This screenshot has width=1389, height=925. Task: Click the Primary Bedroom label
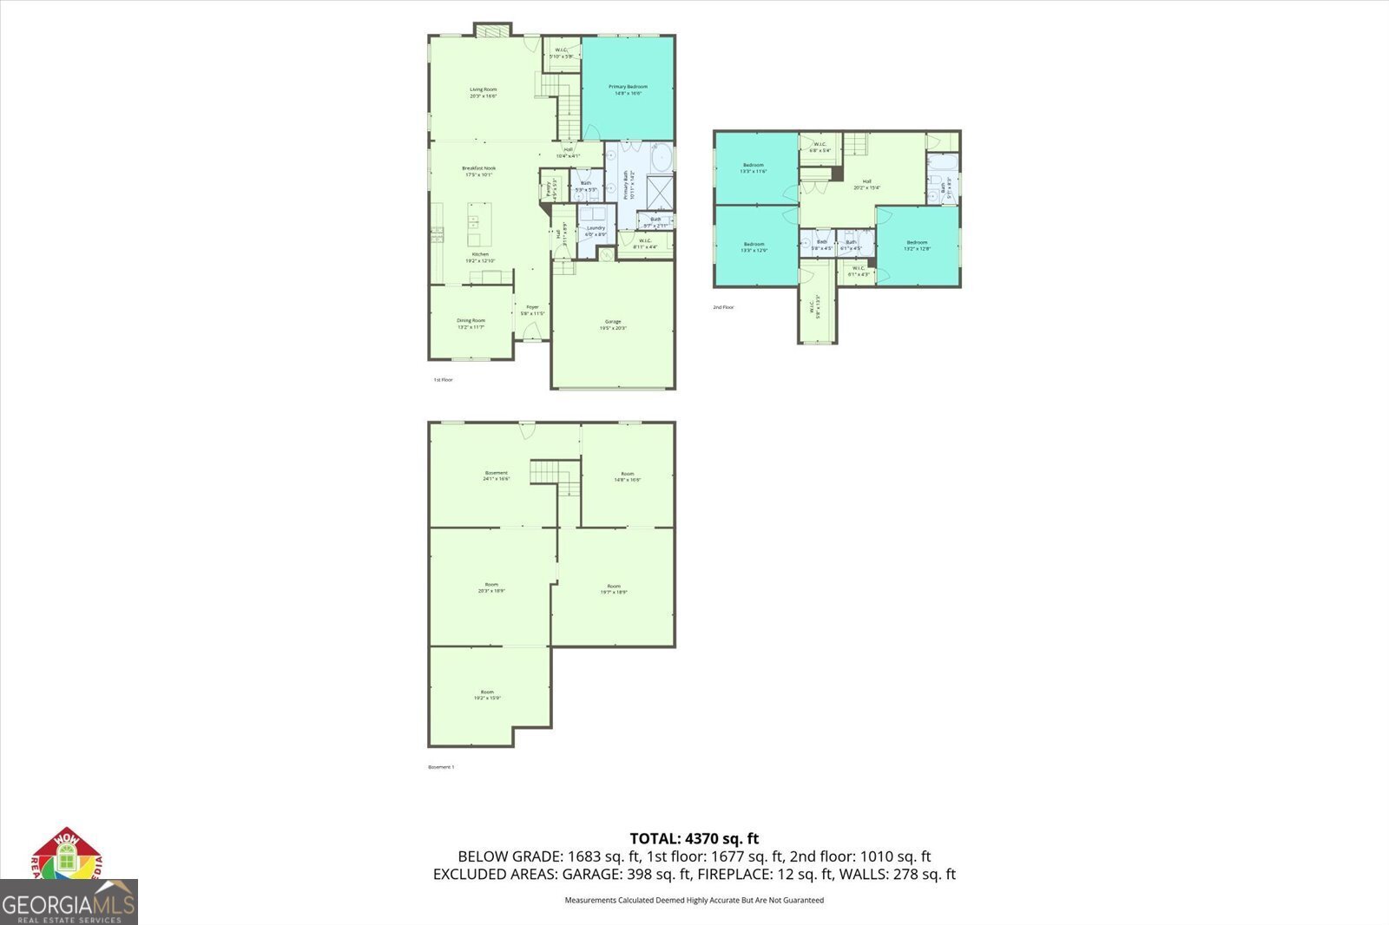(x=628, y=89)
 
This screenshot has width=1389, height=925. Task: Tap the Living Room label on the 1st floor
(x=484, y=93)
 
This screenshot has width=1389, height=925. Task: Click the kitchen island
(x=474, y=225)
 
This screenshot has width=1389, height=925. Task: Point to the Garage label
(x=613, y=325)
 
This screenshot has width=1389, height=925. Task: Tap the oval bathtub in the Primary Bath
(x=661, y=159)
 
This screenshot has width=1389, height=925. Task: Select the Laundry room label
(x=596, y=231)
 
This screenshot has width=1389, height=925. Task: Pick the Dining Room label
(x=471, y=324)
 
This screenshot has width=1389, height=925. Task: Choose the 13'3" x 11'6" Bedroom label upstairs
(x=754, y=168)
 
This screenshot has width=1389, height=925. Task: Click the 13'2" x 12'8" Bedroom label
(x=918, y=246)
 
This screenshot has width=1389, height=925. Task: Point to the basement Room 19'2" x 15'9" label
(x=488, y=695)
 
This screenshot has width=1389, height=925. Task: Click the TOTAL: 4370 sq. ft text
(x=694, y=838)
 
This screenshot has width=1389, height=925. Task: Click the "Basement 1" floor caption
(x=441, y=767)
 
